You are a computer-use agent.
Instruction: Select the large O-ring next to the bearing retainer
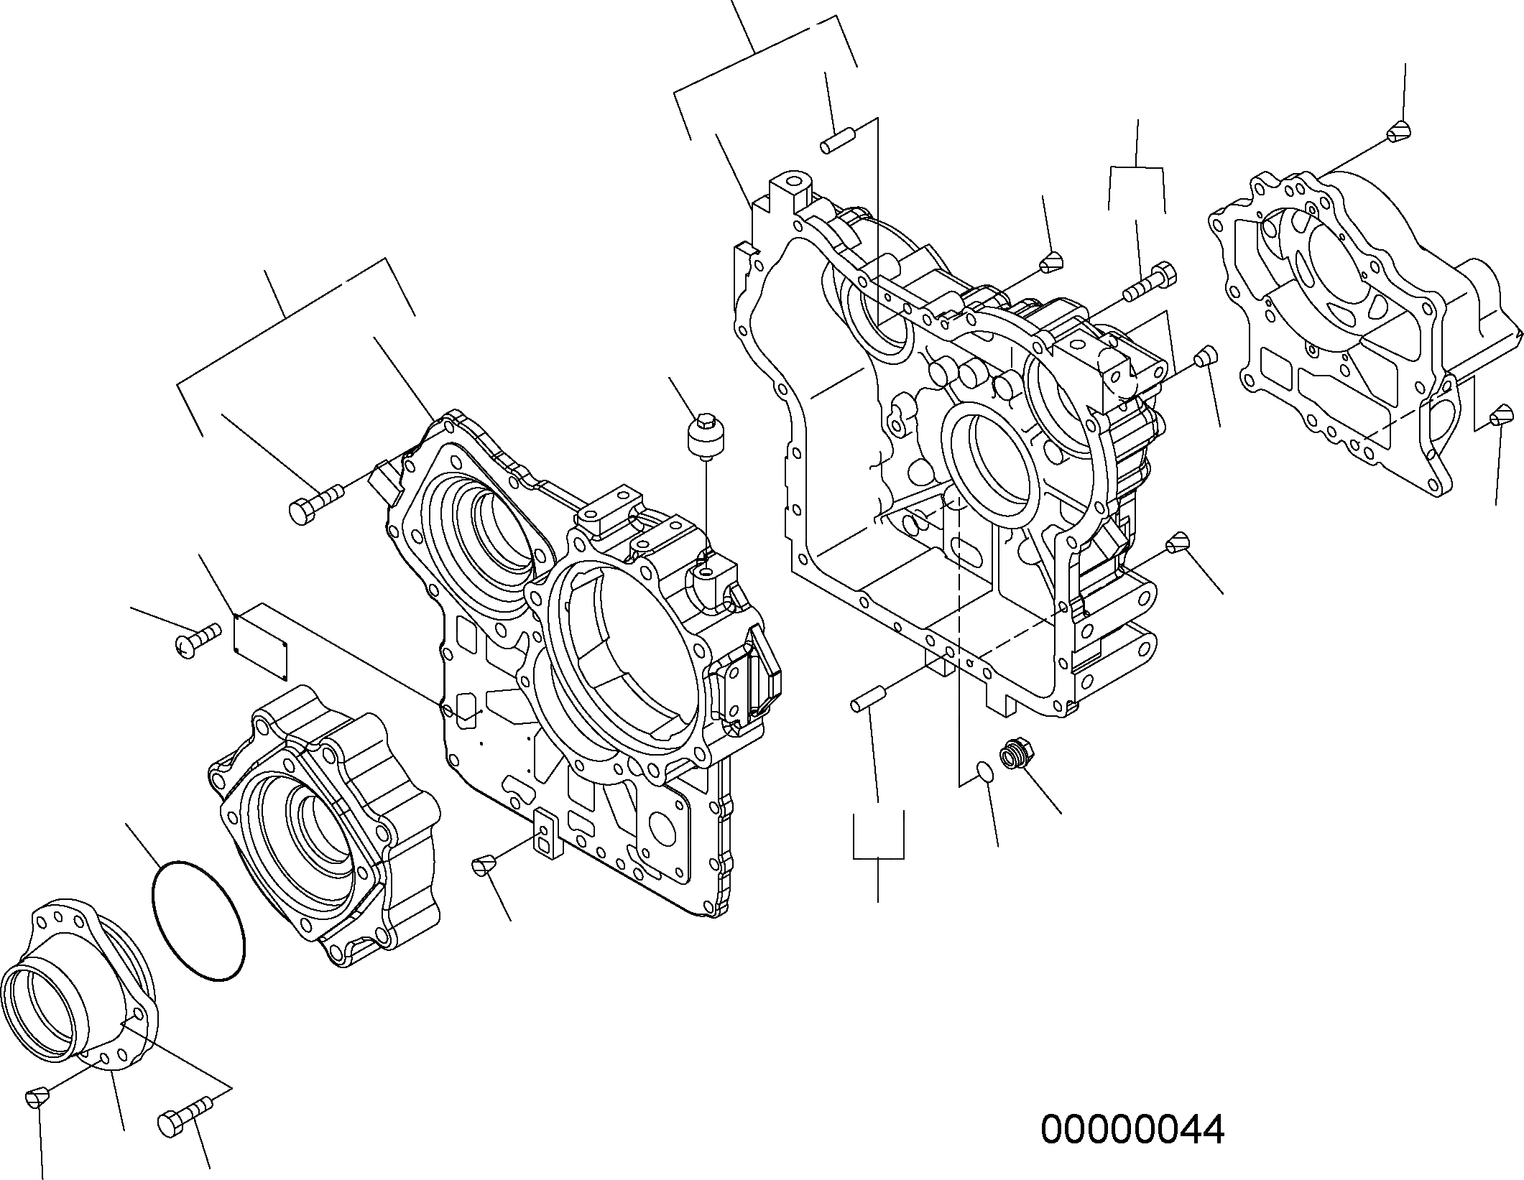coord(198,921)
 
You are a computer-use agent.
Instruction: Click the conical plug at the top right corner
coord(1398,132)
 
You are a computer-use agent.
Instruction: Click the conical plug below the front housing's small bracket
coord(483,865)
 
